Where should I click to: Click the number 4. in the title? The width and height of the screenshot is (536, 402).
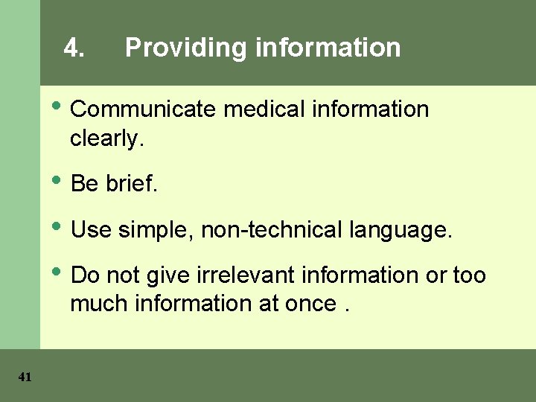click(x=74, y=48)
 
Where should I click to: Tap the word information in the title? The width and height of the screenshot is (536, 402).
click(x=328, y=48)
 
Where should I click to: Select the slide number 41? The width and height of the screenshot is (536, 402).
click(x=25, y=377)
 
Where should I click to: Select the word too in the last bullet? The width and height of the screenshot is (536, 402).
click(x=469, y=275)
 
